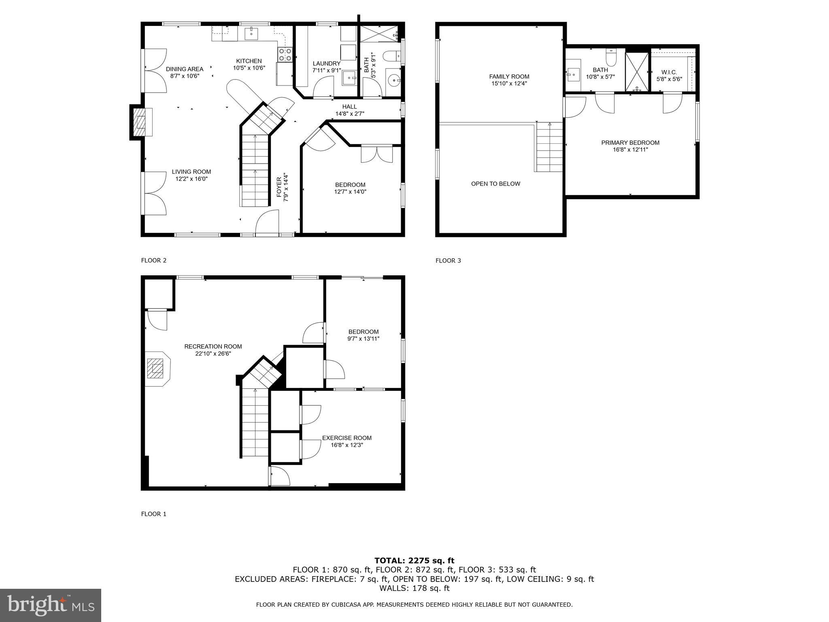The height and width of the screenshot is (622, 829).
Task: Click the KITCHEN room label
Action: (x=249, y=61)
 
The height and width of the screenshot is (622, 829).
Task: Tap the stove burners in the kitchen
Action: (x=285, y=55)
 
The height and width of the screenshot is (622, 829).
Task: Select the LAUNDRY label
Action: (x=326, y=64)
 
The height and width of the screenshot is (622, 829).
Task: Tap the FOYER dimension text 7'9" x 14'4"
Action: (x=286, y=187)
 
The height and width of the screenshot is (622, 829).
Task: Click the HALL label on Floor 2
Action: (x=349, y=107)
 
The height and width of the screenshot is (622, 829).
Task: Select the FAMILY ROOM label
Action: (x=509, y=77)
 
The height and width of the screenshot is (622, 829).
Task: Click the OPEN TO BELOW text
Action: (x=495, y=184)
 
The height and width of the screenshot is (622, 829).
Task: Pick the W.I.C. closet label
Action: (x=669, y=72)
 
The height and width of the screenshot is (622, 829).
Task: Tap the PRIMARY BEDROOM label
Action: (x=630, y=143)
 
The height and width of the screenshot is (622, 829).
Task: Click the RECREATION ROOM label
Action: (x=213, y=346)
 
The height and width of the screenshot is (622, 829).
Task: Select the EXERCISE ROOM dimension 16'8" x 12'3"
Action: (x=346, y=445)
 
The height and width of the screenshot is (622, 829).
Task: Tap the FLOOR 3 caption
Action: (x=448, y=260)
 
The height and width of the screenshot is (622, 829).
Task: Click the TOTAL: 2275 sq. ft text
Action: (x=414, y=560)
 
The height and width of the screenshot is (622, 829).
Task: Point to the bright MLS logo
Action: (x=51, y=605)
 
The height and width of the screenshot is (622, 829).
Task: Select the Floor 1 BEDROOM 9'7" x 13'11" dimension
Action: (x=363, y=339)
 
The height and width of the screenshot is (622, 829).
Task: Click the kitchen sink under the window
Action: (x=252, y=32)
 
